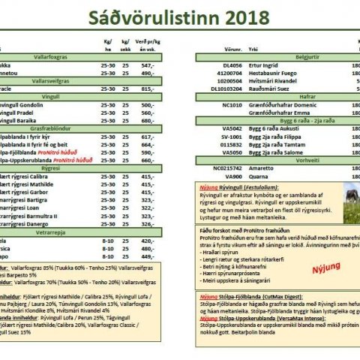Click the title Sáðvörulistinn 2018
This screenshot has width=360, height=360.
coord(179,17)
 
